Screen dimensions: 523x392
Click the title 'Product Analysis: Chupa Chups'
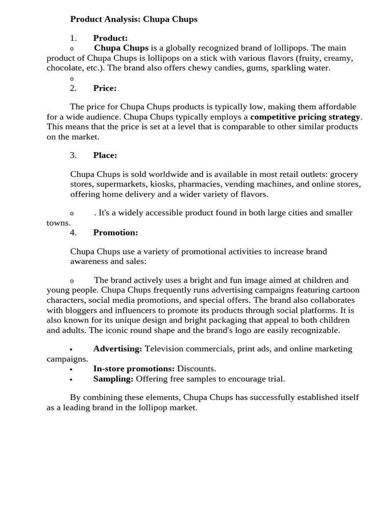(x=134, y=19)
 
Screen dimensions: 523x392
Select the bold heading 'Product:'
(x=110, y=38)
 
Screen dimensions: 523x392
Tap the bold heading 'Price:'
(x=105, y=88)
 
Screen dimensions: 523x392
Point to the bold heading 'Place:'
(x=105, y=155)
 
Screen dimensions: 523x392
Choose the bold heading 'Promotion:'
(x=115, y=232)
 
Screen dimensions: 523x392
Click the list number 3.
(x=73, y=155)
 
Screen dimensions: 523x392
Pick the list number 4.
(x=73, y=232)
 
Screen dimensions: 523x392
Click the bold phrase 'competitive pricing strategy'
(x=305, y=116)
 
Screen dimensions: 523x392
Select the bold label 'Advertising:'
(x=117, y=348)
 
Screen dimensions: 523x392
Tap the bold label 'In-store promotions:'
(x=134, y=368)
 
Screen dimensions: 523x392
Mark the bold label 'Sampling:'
(x=113, y=378)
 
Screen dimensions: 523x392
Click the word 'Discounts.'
(x=197, y=368)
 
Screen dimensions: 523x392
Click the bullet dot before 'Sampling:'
(x=71, y=380)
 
